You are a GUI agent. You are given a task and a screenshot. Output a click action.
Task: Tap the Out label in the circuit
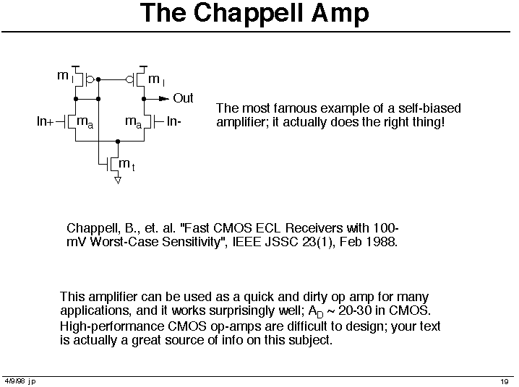coord(183,98)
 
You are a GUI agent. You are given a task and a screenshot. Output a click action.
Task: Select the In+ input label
coord(45,121)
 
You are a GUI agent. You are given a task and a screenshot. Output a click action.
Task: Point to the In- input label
coord(173,121)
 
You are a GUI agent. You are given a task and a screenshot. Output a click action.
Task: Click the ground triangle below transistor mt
coord(118,180)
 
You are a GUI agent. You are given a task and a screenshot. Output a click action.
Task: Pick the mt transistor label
coord(126,164)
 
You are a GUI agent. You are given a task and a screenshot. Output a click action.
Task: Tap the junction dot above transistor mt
coord(118,142)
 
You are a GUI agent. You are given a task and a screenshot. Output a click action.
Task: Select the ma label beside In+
coord(85,122)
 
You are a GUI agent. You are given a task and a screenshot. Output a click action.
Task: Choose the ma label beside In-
coord(134,122)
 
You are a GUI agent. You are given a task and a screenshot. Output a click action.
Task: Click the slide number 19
coord(505,382)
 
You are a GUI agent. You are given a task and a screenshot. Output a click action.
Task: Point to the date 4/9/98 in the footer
coord(15,381)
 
